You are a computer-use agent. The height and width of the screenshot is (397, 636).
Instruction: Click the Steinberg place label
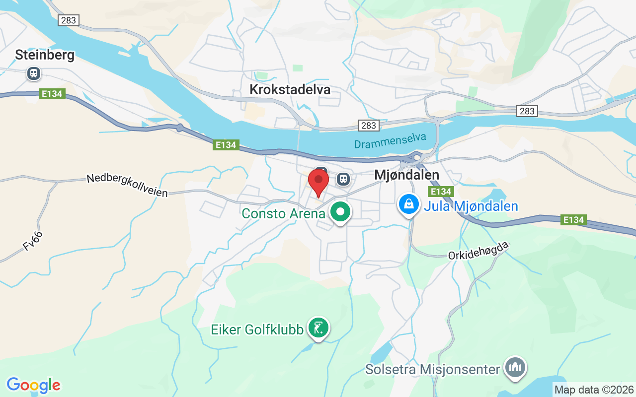click(x=45, y=55)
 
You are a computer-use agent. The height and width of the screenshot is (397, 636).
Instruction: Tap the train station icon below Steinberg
click(x=34, y=73)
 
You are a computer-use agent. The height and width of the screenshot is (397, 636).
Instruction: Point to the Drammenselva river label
click(x=390, y=141)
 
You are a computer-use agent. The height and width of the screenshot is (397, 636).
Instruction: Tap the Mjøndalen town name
click(x=406, y=175)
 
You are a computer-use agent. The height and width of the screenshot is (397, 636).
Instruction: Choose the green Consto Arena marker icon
click(x=340, y=212)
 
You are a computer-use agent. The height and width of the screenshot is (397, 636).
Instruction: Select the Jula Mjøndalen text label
click(x=471, y=206)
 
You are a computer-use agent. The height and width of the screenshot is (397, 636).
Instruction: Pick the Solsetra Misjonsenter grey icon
click(x=515, y=368)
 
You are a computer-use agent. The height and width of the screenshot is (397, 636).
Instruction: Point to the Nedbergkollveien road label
click(x=127, y=185)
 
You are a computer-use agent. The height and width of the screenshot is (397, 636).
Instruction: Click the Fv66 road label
click(x=33, y=241)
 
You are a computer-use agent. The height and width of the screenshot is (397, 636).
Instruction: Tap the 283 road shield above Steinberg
click(x=68, y=20)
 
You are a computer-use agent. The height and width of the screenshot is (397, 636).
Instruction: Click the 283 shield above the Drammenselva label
click(x=369, y=125)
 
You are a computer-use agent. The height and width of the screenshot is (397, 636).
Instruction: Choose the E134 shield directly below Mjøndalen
click(x=440, y=192)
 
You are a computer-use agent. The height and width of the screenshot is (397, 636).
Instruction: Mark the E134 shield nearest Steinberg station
click(x=52, y=94)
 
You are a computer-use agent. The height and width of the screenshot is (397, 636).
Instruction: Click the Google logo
click(x=33, y=385)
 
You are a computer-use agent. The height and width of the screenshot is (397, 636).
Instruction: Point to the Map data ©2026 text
click(x=594, y=390)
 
